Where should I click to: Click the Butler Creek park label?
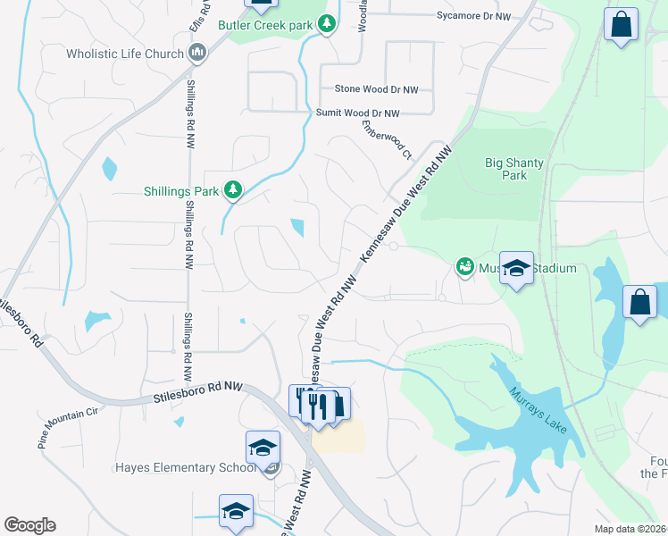(265, 25)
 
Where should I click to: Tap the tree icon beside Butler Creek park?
(327, 24)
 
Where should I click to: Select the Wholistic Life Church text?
(123, 54)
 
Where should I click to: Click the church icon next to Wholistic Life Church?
(197, 54)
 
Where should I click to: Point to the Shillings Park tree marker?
(232, 190)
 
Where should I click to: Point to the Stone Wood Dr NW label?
(375, 89)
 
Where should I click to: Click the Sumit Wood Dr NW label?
(358, 113)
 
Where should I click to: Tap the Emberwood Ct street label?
(387, 139)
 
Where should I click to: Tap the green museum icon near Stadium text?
(464, 266)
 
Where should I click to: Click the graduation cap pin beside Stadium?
(516, 267)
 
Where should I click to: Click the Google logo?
(29, 525)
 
